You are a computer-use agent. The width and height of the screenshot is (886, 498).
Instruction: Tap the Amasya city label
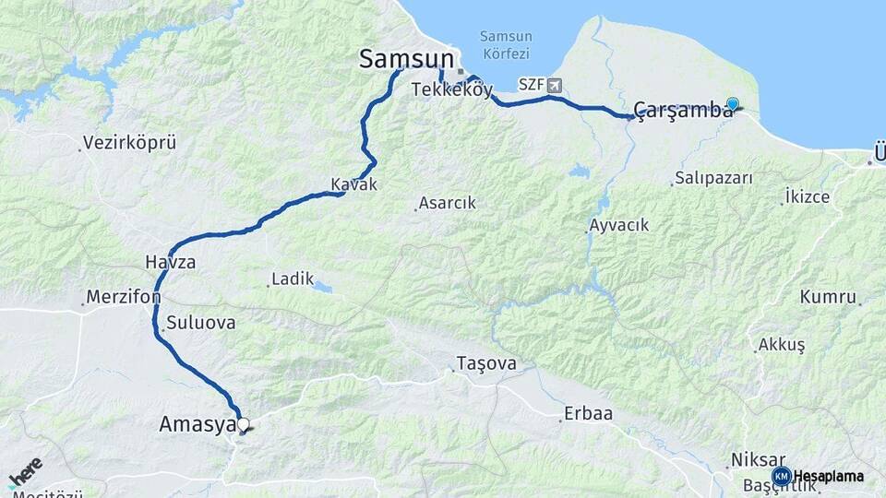click(x=194, y=424)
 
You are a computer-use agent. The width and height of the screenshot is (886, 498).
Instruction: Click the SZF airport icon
click(x=554, y=85)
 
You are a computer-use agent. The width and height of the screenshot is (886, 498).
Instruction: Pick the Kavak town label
click(x=354, y=184)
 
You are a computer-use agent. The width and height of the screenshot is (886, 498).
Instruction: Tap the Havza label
click(x=170, y=262)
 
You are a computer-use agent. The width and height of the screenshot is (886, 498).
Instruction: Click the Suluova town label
click(x=201, y=324)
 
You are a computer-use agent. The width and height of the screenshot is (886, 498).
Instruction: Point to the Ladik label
click(x=293, y=279)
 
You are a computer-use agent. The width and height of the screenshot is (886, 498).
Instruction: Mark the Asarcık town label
click(x=447, y=203)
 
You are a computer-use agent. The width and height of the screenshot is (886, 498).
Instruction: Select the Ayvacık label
click(x=619, y=225)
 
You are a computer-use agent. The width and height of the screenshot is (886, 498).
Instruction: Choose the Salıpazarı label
click(x=713, y=178)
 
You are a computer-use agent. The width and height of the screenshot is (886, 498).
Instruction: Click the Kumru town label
click(x=828, y=297)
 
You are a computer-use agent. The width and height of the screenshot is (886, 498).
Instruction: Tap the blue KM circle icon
click(x=781, y=476)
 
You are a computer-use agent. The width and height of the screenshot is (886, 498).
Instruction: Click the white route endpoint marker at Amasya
click(x=244, y=425)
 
